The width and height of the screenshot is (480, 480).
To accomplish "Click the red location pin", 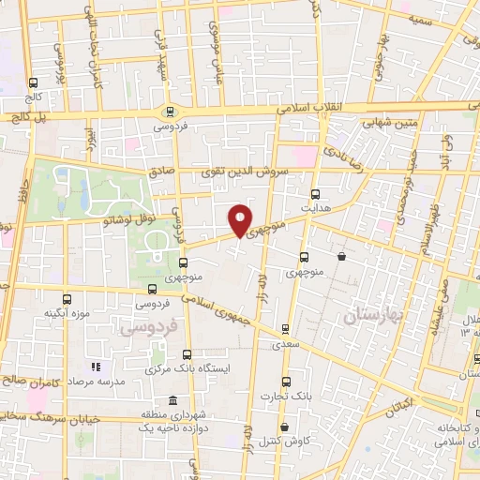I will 241,220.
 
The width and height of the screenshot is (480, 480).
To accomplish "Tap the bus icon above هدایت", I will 316,193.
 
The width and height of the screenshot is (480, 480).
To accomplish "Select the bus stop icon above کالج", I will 34,82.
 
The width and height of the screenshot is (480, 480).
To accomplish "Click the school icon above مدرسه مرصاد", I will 93,367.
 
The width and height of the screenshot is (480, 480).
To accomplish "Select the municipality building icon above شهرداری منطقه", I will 171,398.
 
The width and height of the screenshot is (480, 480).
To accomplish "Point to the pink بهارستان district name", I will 372,316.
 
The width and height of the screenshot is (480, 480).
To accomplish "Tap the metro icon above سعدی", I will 284,329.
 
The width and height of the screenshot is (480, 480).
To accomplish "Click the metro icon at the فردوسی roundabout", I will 170,110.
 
